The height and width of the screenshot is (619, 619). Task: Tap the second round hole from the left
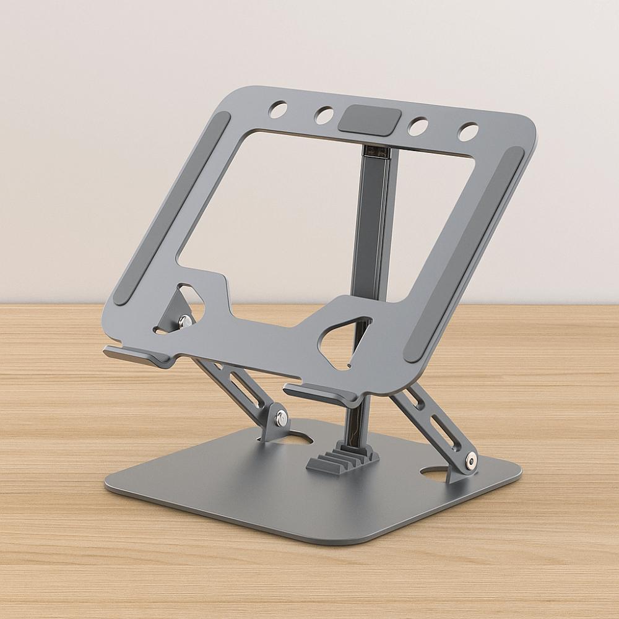[324, 115]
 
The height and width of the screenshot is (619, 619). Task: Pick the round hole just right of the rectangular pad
[420, 126]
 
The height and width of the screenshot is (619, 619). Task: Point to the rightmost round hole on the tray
[469, 131]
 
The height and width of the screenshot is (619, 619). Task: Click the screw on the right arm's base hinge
[472, 461]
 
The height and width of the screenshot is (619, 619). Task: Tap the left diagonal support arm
[241, 390]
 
